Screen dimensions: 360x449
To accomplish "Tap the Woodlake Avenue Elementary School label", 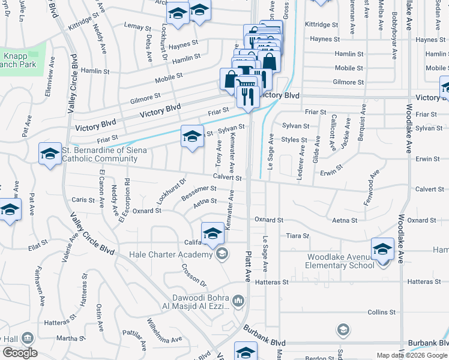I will (x=340, y=261).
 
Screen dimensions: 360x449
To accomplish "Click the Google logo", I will (x=20, y=353).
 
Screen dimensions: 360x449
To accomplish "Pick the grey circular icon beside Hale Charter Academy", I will (x=222, y=254).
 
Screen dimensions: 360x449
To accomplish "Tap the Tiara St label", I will (x=298, y=236).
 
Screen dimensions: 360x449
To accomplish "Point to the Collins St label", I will (x=381, y=312).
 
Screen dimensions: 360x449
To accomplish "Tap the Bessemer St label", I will (x=198, y=191).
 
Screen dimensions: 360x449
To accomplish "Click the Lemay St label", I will (x=137, y=27).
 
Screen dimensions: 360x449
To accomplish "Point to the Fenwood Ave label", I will (x=372, y=188).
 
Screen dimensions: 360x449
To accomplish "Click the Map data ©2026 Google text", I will (x=412, y=355).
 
